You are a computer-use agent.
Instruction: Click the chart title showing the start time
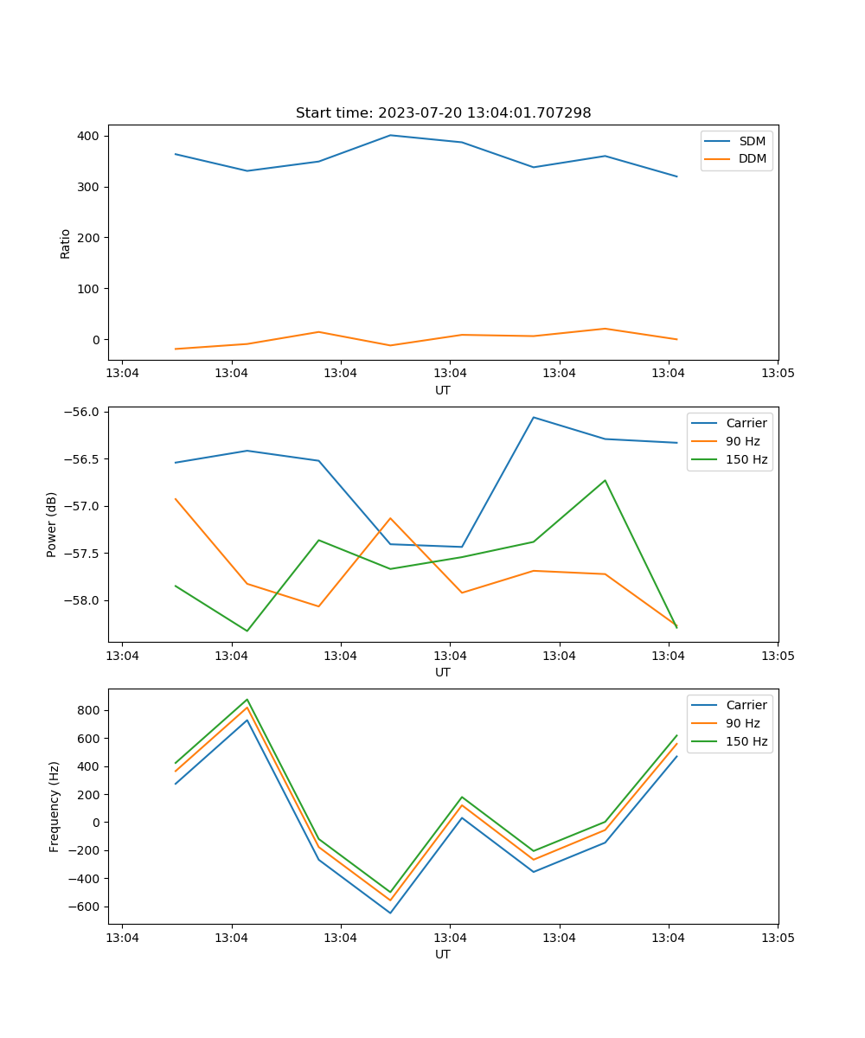(443, 113)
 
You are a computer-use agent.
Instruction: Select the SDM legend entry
(752, 141)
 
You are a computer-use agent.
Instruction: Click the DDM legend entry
(752, 159)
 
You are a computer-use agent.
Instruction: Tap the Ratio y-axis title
(66, 242)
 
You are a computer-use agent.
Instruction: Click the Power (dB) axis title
(52, 524)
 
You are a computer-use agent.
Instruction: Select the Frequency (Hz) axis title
(54, 806)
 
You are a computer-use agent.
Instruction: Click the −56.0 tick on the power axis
(82, 412)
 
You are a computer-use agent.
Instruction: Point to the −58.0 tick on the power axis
(82, 600)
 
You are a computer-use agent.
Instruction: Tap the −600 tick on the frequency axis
(86, 907)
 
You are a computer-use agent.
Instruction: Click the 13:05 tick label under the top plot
(777, 374)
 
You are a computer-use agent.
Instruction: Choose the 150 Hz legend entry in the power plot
(746, 459)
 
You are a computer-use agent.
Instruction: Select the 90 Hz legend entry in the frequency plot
(742, 723)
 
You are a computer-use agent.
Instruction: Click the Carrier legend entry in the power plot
(746, 423)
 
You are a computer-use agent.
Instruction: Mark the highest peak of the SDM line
(390, 135)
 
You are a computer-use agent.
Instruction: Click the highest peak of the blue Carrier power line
(533, 417)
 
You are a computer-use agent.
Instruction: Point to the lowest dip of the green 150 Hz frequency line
(390, 892)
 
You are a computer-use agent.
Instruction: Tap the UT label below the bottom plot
(443, 954)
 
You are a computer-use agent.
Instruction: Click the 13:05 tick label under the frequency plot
(777, 938)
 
